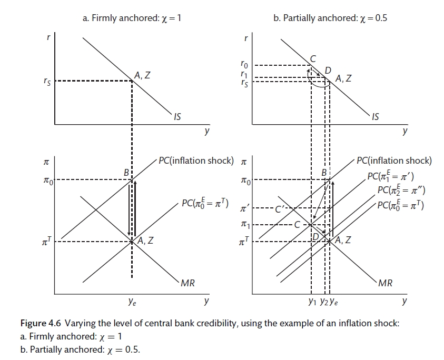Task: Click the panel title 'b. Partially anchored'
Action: (331, 18)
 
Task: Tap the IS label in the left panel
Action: (177, 117)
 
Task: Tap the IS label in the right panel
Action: (374, 117)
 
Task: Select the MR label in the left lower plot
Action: (188, 283)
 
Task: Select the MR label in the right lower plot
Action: (385, 283)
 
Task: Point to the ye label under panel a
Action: (132, 302)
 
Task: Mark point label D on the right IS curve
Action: (328, 70)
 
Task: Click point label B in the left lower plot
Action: (126, 172)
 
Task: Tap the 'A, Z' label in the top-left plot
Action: (142, 75)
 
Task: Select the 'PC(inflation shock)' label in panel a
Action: (196, 161)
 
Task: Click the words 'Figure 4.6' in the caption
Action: (38, 323)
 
